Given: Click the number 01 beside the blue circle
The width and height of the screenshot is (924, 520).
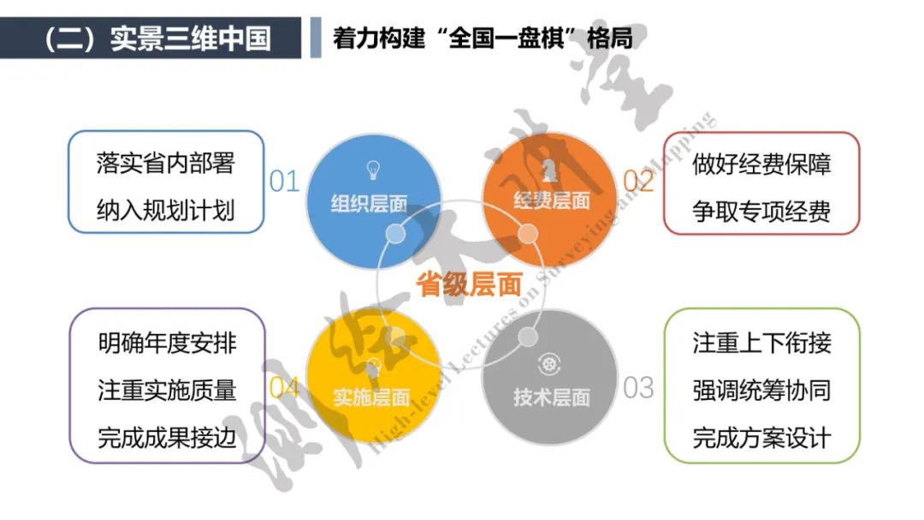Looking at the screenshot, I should click(x=284, y=182).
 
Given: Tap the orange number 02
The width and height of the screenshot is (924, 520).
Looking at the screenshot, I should click(x=638, y=182).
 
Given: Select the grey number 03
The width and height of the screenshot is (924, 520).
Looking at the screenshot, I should click(x=638, y=388).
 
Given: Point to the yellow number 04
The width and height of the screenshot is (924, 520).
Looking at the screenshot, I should click(x=284, y=388).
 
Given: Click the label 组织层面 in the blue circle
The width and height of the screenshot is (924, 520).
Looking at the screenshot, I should click(x=370, y=204).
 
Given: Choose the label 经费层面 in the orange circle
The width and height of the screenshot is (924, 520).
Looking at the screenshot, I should click(x=552, y=201).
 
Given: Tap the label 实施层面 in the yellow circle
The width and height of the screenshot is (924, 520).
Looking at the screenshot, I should click(x=371, y=397).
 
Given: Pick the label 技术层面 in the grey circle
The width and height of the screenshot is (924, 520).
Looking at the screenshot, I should click(x=552, y=397).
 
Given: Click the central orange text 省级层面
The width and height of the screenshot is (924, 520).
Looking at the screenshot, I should click(x=470, y=284).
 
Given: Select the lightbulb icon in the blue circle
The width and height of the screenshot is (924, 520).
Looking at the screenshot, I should click(x=373, y=167).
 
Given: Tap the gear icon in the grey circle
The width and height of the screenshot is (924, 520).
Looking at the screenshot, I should click(x=548, y=362).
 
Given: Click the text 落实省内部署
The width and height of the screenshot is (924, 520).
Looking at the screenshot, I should click(x=166, y=164).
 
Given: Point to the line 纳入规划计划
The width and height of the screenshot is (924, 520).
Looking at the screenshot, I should click(x=166, y=210).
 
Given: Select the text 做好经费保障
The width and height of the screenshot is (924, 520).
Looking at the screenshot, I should click(x=761, y=164).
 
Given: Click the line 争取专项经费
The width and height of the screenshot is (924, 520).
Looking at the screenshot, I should click(x=761, y=210).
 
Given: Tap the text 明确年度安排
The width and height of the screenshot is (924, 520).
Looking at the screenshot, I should click(x=167, y=344).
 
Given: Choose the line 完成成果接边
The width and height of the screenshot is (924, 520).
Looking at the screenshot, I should click(x=167, y=439).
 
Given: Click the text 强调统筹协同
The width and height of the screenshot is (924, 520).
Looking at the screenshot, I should click(x=761, y=391).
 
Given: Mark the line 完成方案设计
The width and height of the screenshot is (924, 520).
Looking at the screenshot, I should click(x=761, y=439).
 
